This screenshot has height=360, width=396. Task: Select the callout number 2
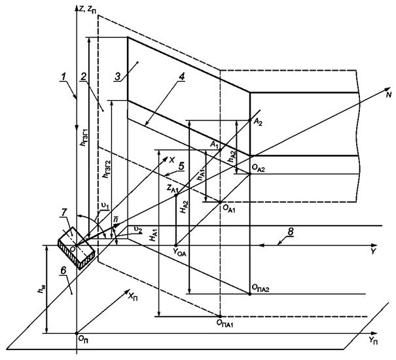pos(84,77)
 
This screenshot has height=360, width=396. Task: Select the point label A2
pos(257,120)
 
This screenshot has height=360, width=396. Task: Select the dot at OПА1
pos(219,316)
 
